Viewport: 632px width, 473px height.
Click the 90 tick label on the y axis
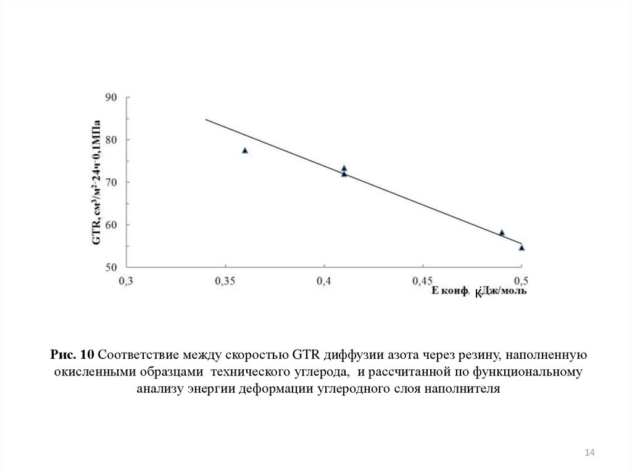point(112,97)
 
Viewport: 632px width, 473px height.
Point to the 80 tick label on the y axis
point(112,139)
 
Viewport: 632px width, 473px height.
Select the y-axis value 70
point(112,182)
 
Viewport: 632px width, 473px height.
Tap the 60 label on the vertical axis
point(112,224)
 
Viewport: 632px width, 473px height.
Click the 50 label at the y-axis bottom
point(112,267)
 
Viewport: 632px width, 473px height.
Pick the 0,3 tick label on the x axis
point(126,281)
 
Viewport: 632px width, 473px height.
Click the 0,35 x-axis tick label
point(225,281)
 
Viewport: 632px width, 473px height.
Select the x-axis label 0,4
point(323,281)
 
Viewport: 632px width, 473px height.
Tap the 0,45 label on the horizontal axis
point(422,281)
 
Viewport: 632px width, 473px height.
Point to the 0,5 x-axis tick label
point(521,281)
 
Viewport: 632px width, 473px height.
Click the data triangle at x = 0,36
point(245,150)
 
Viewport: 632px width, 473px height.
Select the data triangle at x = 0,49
point(502,232)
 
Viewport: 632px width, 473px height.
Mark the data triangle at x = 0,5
point(522,247)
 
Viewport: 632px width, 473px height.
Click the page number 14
point(589,453)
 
